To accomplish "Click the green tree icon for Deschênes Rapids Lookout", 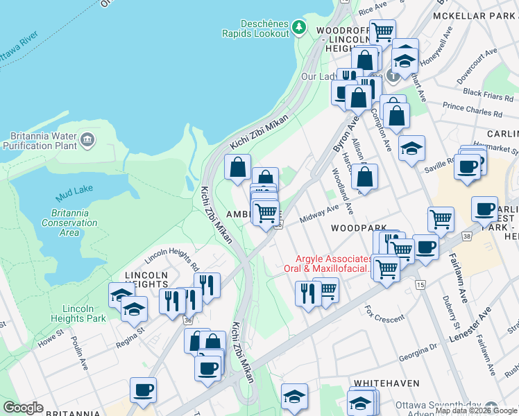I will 299,27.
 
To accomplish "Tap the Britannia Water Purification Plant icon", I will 87,141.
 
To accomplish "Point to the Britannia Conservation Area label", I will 69,223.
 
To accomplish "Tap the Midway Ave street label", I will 319,213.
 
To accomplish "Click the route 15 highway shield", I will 420,284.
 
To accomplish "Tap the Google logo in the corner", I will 23,408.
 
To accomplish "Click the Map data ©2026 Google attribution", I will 476,410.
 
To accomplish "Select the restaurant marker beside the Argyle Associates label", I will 307,293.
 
